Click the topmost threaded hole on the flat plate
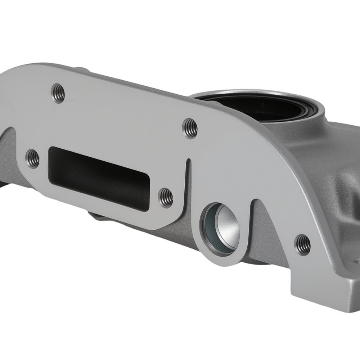[x=58, y=93]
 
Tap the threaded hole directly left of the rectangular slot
[x=33, y=158]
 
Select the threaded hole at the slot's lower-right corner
[x=166, y=198]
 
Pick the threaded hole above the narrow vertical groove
[x=190, y=128]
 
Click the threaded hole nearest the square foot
[x=302, y=244]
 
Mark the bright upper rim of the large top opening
[x=252, y=93]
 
